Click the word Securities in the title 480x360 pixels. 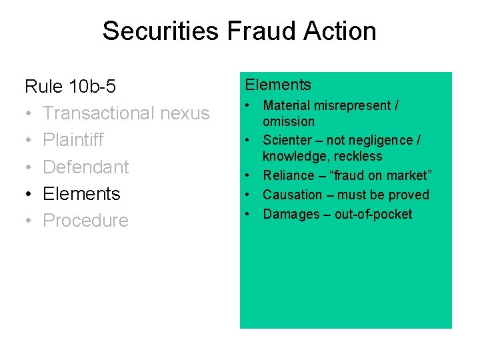157,31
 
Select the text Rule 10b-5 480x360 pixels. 70,87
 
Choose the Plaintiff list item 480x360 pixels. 73,140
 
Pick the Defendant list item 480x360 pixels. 85,167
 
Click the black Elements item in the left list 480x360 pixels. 81,194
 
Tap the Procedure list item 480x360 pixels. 85,221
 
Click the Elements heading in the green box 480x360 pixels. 278,85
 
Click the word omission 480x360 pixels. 288,121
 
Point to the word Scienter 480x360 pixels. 287,140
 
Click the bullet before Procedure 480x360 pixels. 29,221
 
